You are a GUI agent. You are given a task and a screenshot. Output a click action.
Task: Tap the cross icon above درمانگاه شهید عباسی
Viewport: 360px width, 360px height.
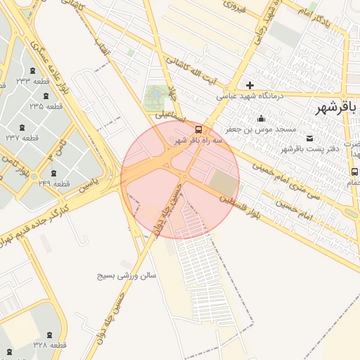[250, 85]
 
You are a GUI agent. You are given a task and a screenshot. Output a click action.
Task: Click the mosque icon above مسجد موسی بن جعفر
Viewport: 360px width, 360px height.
[261, 118]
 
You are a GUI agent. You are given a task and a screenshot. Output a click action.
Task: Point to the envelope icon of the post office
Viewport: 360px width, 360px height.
[310, 137]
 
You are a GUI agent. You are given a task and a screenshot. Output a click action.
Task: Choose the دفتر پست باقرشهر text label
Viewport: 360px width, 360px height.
[310, 148]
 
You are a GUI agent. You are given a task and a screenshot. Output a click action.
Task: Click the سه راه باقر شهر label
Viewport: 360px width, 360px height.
[198, 141]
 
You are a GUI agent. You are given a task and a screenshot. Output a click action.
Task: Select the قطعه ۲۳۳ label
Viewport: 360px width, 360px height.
[33, 81]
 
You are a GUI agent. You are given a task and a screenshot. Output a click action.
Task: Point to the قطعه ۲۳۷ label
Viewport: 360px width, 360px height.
[22, 138]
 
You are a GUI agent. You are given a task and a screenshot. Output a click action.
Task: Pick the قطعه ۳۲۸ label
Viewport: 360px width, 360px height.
[49, 345]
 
